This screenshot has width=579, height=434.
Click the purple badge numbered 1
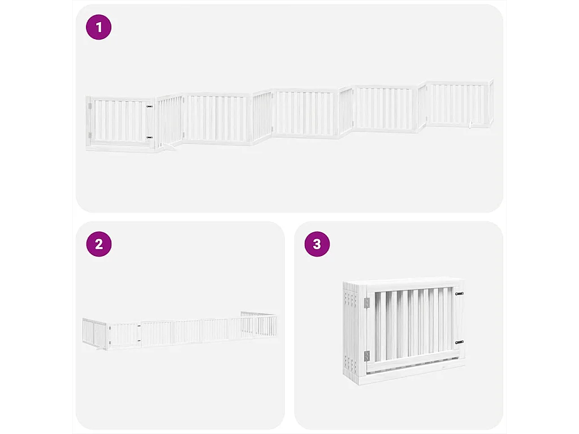[99, 27]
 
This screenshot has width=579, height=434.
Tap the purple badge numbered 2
[99, 244]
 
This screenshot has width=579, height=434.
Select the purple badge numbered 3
[317, 244]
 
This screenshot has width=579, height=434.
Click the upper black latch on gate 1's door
[149, 106]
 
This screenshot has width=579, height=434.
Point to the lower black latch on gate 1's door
[149, 137]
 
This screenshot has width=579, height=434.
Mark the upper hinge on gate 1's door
[89, 106]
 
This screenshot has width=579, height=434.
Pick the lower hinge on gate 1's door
[89, 134]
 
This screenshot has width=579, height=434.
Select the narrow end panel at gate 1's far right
[491, 103]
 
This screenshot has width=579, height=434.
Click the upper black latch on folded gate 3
[459, 294]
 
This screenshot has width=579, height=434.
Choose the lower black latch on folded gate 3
[459, 342]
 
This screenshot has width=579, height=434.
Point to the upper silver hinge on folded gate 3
[367, 303]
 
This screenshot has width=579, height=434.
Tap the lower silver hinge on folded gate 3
[367, 355]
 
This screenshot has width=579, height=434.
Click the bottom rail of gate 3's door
[413, 367]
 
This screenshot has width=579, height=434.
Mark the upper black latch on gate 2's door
[139, 327]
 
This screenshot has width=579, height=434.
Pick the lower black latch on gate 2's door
[139, 341]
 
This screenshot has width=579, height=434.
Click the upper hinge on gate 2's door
[109, 328]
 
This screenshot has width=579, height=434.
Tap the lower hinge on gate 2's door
[109, 342]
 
